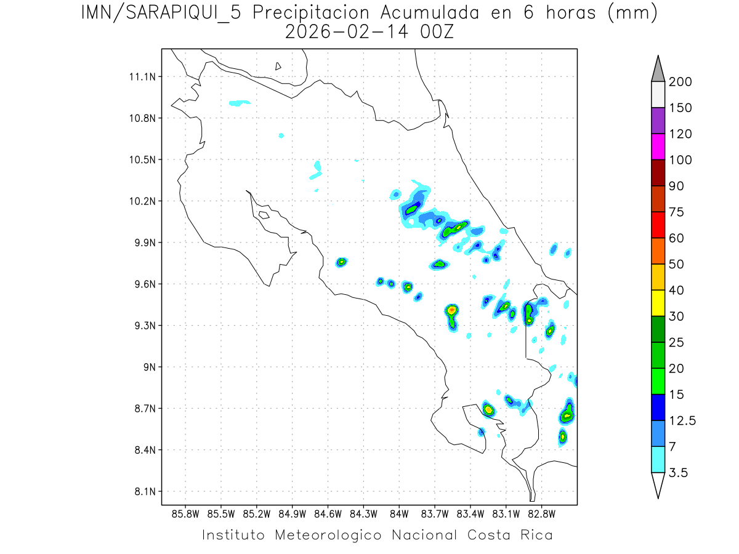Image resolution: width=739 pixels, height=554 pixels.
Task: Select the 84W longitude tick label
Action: click(x=399, y=513)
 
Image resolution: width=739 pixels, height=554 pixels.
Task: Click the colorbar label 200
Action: click(x=680, y=82)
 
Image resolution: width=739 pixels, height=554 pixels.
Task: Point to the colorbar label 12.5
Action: click(x=682, y=420)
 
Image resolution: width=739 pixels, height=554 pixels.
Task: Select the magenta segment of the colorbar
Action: click(x=658, y=147)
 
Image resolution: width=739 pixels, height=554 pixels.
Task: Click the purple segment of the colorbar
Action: click(x=658, y=121)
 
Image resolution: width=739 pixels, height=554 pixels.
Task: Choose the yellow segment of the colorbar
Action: click(x=658, y=303)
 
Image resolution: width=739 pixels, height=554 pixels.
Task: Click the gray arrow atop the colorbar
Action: click(x=658, y=69)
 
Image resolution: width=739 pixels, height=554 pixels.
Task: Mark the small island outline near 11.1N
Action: click(x=278, y=66)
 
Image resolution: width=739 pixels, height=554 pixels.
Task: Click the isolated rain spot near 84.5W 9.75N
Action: click(x=341, y=262)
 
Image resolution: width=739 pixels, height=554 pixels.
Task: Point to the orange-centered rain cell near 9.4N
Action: click(x=452, y=310)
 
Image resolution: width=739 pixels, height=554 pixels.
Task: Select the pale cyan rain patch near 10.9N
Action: click(x=240, y=103)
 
